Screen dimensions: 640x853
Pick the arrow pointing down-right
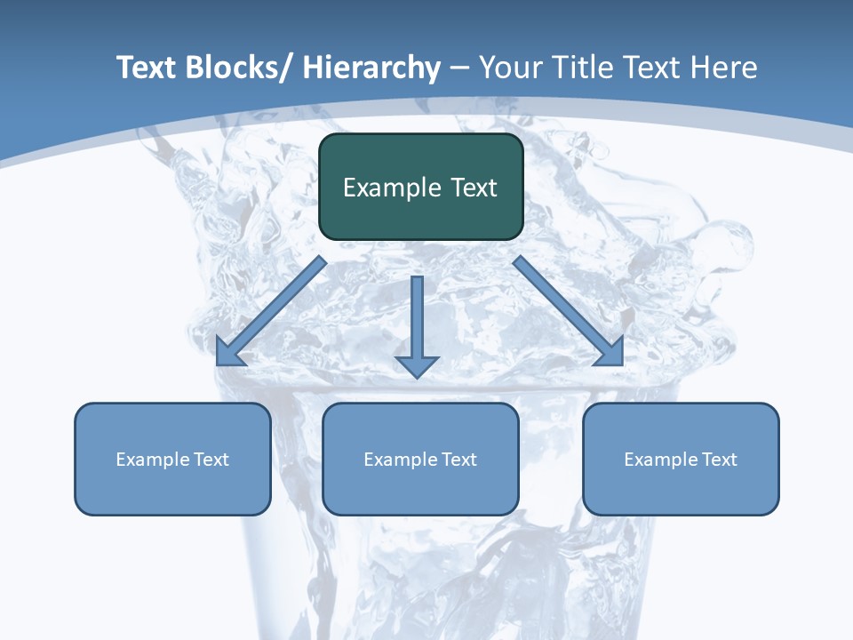click(569, 312)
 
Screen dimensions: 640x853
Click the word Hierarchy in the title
click(371, 68)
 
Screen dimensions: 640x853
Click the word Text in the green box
click(472, 188)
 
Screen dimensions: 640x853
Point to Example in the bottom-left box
click(152, 460)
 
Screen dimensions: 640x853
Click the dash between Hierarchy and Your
click(459, 68)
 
